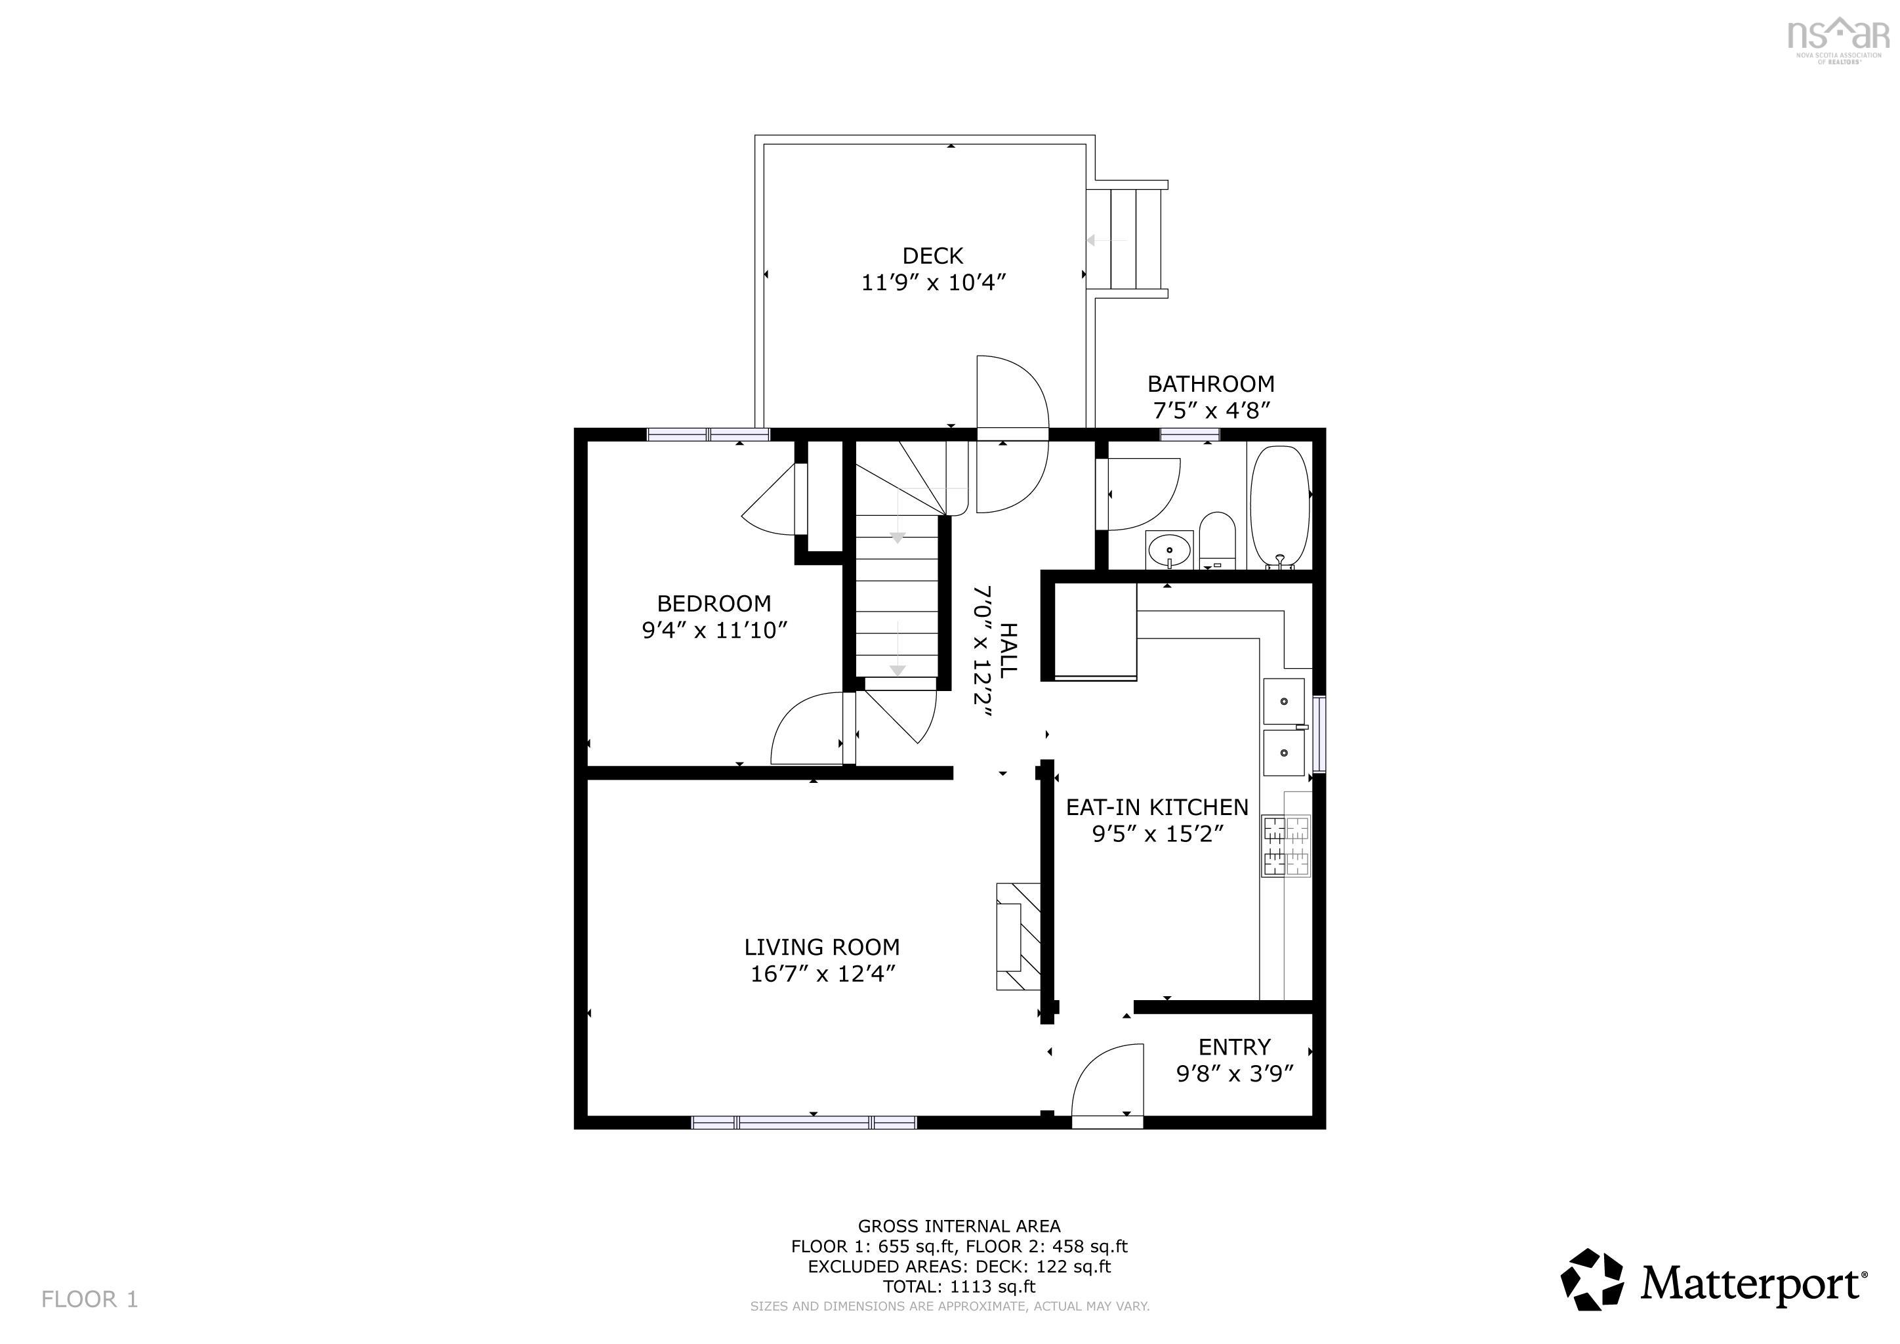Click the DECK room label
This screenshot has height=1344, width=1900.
tap(933, 256)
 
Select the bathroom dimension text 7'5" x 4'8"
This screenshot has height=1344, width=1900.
tap(1210, 410)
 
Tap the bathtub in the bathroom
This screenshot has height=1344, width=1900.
tap(1279, 507)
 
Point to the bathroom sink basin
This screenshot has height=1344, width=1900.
tap(1169, 549)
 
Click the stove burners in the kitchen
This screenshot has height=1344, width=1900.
tap(1285, 846)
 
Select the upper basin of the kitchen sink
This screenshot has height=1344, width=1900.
tap(1283, 701)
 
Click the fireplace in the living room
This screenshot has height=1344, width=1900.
tap(1018, 936)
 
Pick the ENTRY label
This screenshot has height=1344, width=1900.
tap(1234, 1047)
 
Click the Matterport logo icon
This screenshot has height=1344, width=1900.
tap(1592, 1281)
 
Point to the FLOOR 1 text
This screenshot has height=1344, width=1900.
tap(89, 1299)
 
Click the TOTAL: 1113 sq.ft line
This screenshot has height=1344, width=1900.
tap(959, 1287)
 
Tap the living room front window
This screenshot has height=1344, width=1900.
tap(804, 1122)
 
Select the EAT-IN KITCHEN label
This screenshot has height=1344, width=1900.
tap(1156, 807)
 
